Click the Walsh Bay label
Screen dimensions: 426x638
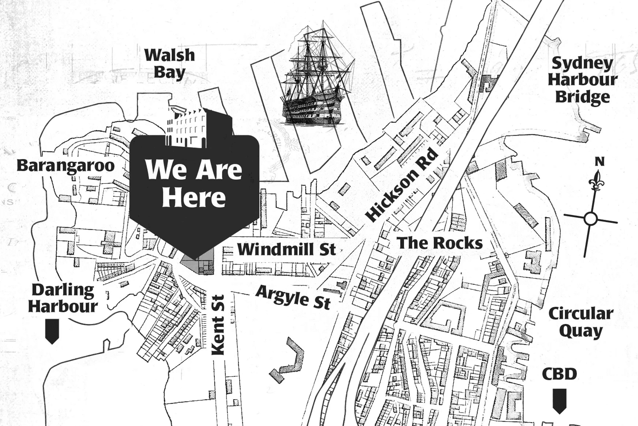[169, 64]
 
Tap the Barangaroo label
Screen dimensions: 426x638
[66, 165]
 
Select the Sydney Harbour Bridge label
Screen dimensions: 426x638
[582, 80]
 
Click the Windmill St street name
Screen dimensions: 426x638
[286, 249]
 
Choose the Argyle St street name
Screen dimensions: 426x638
[293, 297]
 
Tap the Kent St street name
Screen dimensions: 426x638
[218, 325]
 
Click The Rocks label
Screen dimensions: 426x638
[440, 243]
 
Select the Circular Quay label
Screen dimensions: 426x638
[581, 322]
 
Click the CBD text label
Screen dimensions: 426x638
[559, 374]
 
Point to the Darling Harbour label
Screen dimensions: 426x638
[63, 298]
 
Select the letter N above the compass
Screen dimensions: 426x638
[599, 162]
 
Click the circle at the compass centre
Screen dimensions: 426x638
[590, 219]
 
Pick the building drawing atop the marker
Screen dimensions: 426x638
[198, 126]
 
